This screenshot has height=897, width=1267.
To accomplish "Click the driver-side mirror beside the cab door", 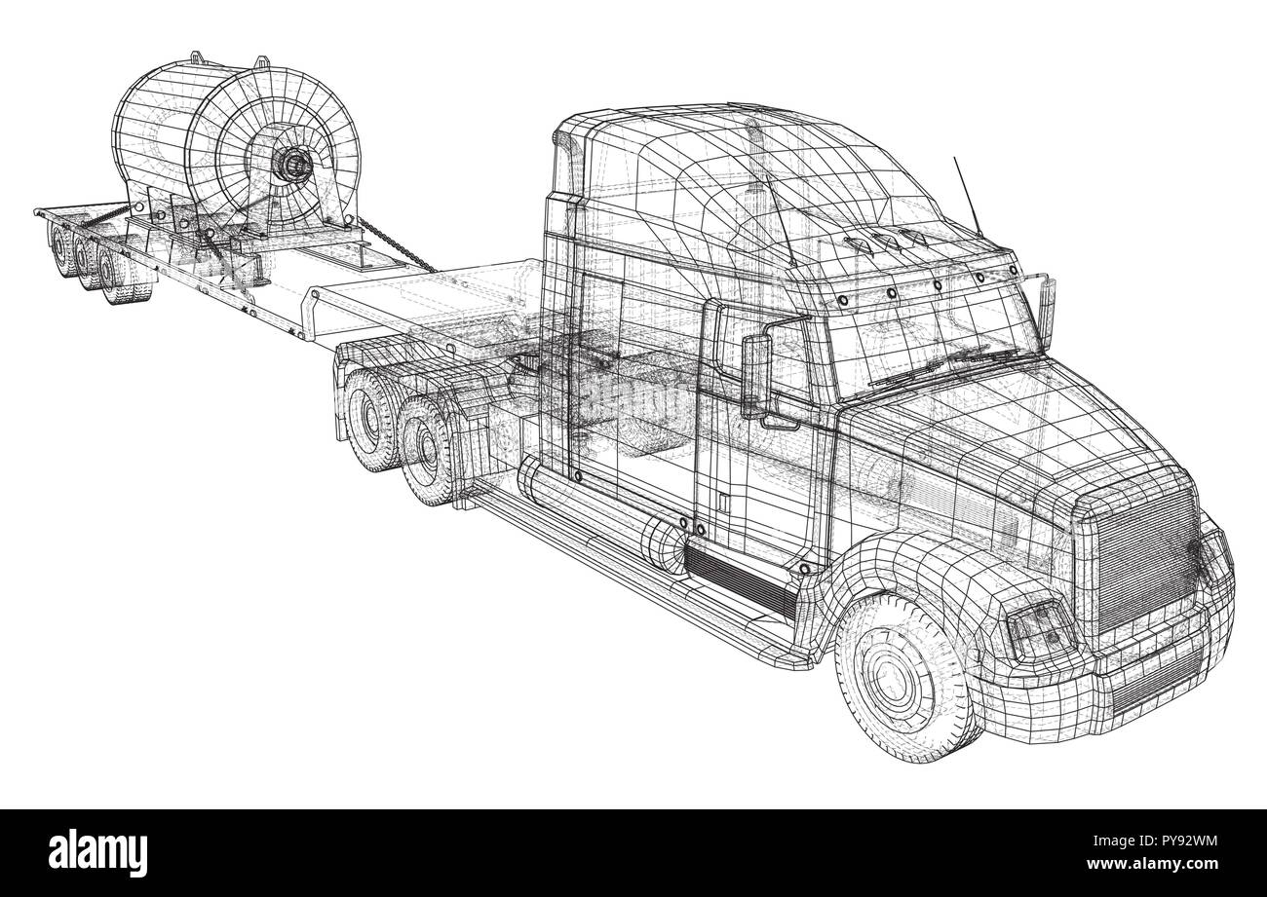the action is [754, 376].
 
